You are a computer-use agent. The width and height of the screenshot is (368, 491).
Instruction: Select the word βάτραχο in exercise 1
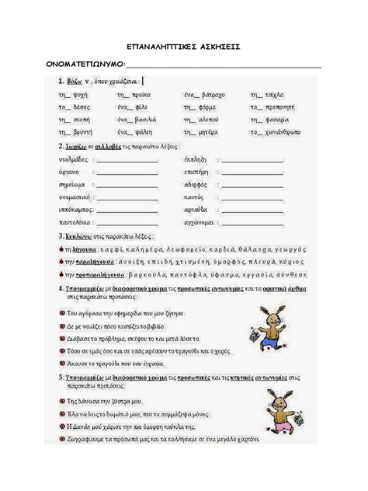click(210, 94)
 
